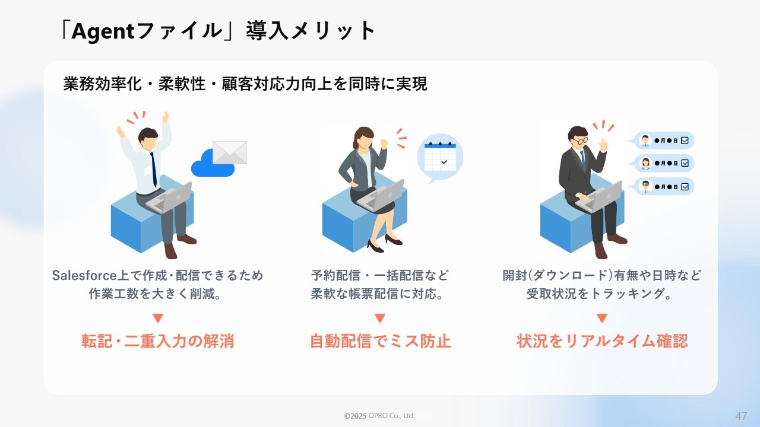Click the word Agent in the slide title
[103, 31]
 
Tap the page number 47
[741, 416]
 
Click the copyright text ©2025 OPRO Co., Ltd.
[379, 416]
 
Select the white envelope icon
[230, 152]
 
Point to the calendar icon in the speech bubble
[440, 157]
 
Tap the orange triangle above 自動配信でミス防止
[380, 318]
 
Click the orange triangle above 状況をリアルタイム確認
[602, 318]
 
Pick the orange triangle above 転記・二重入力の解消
[158, 318]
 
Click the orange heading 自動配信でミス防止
[381, 341]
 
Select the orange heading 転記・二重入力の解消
[158, 341]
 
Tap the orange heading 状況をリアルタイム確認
[602, 341]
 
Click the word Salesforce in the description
[84, 276]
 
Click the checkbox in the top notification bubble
[685, 141]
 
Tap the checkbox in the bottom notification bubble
[685, 187]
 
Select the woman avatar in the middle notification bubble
[645, 163]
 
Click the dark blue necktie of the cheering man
[154, 170]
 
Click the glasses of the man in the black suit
[581, 140]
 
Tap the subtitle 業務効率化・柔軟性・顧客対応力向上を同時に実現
[245, 84]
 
